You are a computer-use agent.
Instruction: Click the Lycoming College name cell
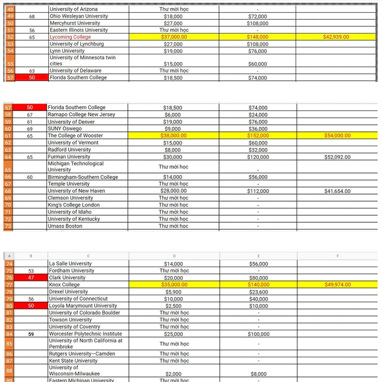70,37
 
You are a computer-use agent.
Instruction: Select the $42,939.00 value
336,37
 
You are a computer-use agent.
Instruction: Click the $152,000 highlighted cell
258,135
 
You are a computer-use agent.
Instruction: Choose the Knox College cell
64,285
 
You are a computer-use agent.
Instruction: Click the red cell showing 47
31,278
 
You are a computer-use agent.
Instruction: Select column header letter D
174,256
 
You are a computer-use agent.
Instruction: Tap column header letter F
337,256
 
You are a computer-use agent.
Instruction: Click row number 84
8,334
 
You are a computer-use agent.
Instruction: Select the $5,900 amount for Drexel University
174,292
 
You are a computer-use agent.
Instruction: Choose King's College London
74,205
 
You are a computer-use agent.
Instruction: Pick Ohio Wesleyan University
79,16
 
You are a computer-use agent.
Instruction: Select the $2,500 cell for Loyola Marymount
174,306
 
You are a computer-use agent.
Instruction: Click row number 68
8,191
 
